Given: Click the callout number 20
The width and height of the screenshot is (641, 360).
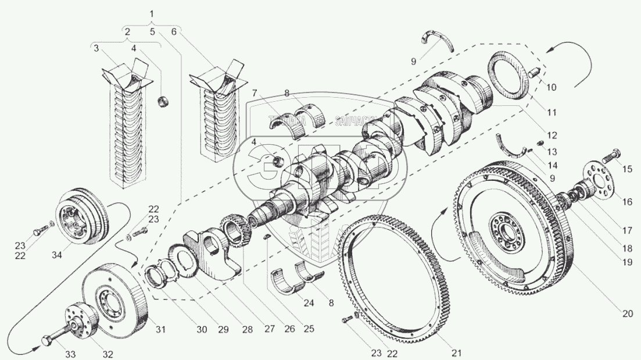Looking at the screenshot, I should click(626, 313).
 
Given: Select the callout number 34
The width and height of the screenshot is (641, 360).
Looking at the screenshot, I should click(56, 254).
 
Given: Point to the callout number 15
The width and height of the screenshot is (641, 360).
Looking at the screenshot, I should click(626, 170).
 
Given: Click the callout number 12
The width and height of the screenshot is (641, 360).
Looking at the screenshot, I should click(552, 136).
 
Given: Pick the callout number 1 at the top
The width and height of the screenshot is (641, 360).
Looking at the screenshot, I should click(152, 13).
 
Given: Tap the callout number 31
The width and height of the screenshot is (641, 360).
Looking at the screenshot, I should click(160, 330).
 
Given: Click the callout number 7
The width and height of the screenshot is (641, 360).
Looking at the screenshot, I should click(255, 92).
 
